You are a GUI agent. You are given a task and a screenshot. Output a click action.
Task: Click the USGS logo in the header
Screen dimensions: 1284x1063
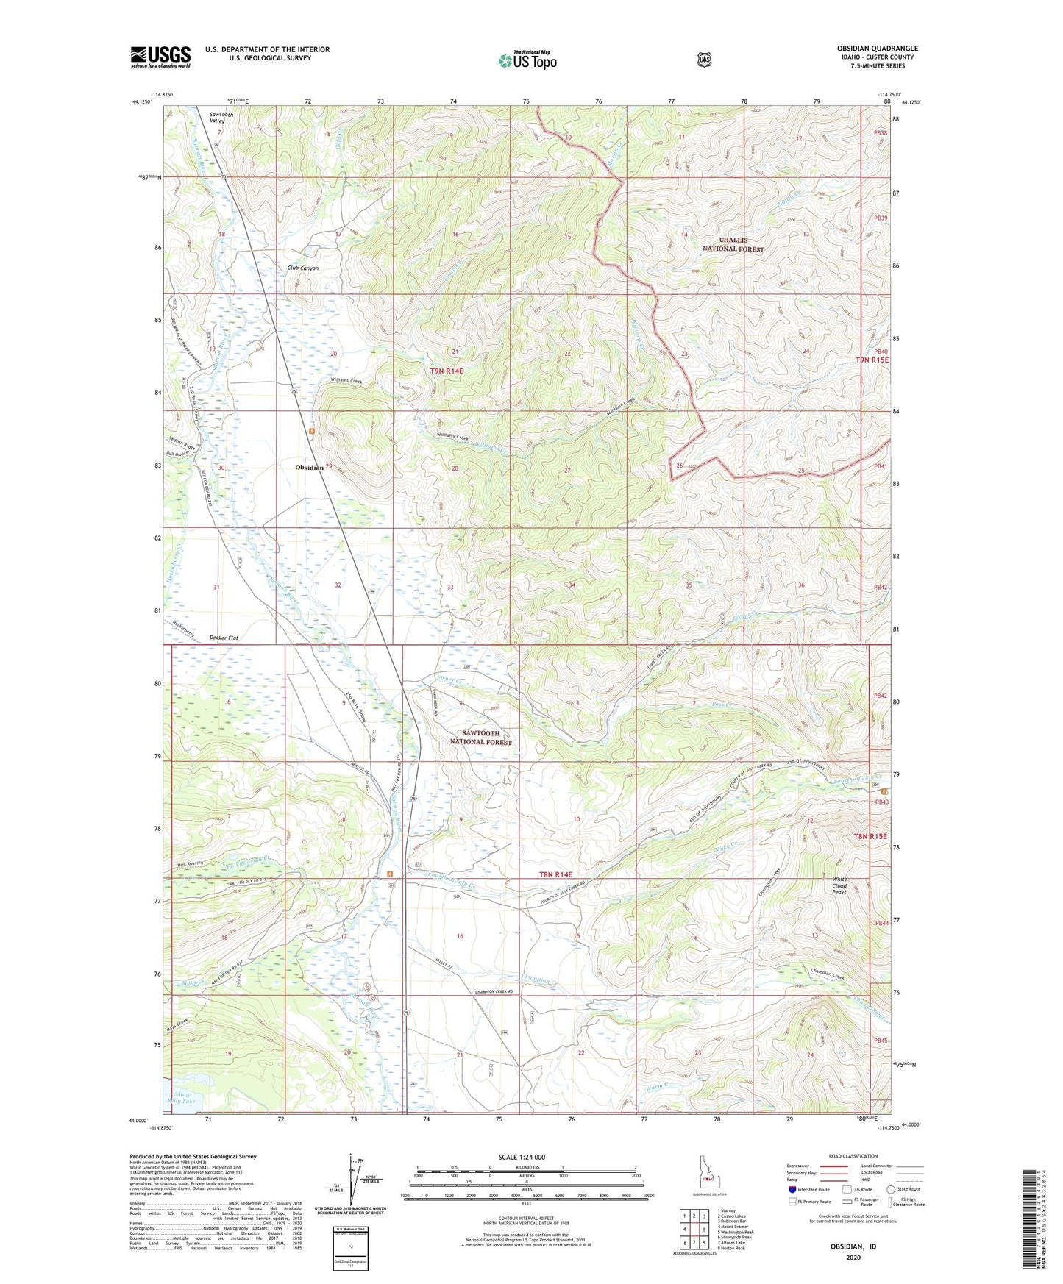tap(160, 57)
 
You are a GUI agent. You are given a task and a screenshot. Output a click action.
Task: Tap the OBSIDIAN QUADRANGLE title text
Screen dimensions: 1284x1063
tap(877, 49)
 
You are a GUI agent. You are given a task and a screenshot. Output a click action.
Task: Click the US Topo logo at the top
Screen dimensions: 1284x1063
tap(526, 60)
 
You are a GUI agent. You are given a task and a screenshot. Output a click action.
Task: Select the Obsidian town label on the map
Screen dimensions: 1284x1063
tap(309, 468)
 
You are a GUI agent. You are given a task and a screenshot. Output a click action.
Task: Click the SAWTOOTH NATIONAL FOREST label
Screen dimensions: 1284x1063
tap(480, 738)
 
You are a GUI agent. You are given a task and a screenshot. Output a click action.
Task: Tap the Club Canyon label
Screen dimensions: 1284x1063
tap(303, 268)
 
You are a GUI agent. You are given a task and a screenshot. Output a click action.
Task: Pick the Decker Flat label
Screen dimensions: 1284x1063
tap(224, 638)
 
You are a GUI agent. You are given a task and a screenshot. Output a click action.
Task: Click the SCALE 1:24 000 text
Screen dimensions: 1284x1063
tap(522, 1157)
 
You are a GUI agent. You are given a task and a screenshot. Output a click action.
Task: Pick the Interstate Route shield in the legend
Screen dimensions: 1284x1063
tap(792, 1189)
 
